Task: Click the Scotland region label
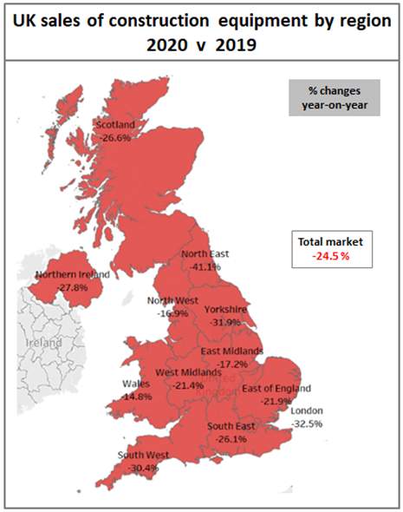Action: coord(115,124)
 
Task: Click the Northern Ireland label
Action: coord(73,274)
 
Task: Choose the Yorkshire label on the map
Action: coord(226,310)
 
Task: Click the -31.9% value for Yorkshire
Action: coord(227,322)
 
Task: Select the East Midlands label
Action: coord(231,351)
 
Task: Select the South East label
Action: coord(231,427)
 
